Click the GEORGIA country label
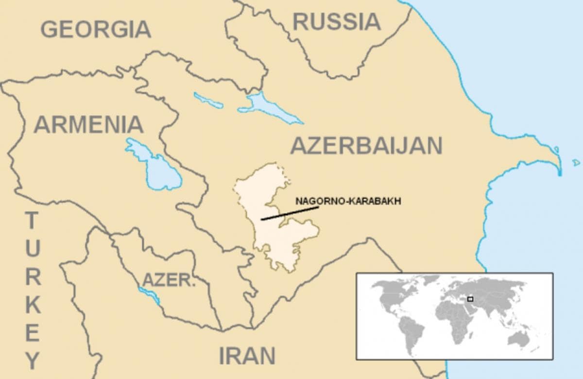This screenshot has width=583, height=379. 96,29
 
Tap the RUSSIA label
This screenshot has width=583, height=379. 337,21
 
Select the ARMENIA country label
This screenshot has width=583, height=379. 88,124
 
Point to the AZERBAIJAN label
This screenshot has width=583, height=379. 366,145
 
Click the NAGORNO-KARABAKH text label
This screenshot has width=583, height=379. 348,201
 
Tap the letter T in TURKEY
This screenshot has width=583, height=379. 32,221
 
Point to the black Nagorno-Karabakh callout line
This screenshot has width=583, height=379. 290,213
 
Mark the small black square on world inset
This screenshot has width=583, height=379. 470,299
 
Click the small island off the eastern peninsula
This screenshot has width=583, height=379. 576,162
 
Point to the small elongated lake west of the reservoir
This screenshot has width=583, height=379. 208,100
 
